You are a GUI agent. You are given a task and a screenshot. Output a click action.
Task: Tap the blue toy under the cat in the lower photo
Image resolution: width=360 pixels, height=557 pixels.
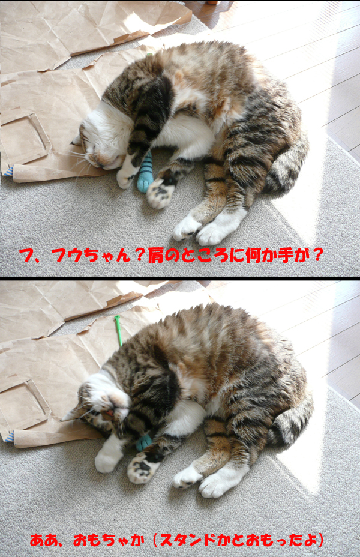[x=144, y=442]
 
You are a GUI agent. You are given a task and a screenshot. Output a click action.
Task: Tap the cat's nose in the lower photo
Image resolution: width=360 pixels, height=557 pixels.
[x=111, y=413]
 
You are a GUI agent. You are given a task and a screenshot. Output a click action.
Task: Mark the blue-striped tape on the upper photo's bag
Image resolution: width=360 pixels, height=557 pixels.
[x=8, y=171]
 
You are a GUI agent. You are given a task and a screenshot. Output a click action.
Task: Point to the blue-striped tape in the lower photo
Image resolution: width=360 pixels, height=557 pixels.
[x=9, y=436]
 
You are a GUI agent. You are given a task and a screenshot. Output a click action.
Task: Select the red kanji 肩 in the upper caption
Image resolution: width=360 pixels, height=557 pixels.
[x=155, y=256]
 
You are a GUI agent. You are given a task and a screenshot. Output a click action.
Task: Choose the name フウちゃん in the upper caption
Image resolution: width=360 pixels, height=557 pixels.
[x=92, y=256]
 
